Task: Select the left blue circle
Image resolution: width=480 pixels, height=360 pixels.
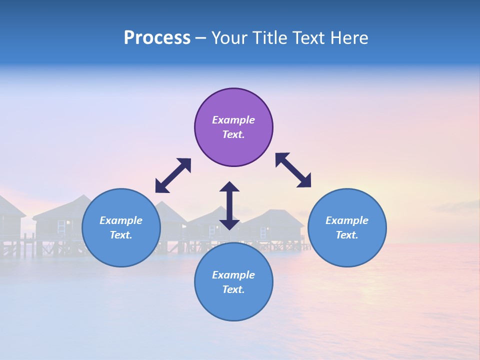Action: coord(121,227)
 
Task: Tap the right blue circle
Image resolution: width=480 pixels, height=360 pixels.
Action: coord(347,227)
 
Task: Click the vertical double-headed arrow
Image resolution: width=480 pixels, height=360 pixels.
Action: coord(229,205)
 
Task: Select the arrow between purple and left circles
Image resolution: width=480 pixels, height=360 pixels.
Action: coord(173,175)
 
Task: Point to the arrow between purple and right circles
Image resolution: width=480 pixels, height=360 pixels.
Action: coord(293,170)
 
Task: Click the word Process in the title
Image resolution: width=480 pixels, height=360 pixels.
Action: coord(157,38)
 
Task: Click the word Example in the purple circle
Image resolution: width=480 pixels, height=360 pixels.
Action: coord(233,120)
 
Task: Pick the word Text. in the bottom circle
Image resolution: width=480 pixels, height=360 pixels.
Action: coord(233,289)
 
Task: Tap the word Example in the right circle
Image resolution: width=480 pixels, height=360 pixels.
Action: coord(347,220)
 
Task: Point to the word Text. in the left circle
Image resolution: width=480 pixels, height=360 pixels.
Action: coord(121,235)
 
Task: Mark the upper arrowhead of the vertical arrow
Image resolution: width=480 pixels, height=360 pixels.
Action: coord(229,187)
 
